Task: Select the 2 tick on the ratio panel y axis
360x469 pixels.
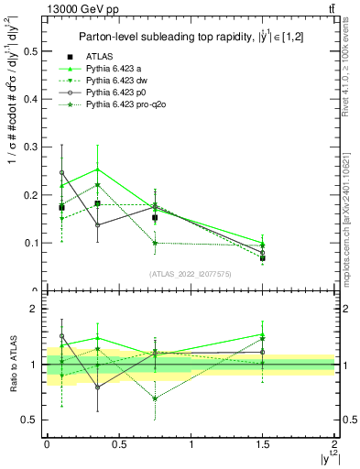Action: pos(36,310)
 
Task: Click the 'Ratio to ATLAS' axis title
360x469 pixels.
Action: pos(11,364)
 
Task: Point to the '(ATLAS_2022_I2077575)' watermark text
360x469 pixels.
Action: pos(191,273)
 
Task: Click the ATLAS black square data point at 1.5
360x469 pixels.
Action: pos(262,258)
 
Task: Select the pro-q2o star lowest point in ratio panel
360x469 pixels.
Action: pos(156,398)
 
